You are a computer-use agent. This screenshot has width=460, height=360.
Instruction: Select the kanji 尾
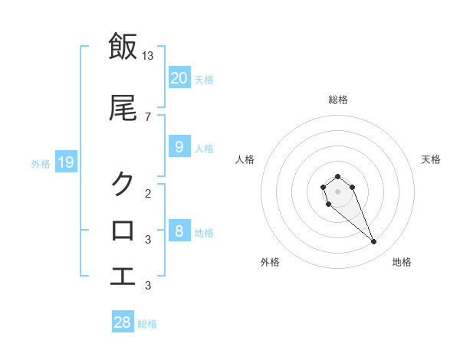tap(123, 109)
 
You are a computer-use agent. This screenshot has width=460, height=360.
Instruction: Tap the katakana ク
tap(123, 183)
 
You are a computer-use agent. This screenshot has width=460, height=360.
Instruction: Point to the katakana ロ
tap(123, 230)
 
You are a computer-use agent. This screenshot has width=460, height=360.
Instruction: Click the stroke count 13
tap(148, 55)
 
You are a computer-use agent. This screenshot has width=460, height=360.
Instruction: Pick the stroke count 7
tap(148, 116)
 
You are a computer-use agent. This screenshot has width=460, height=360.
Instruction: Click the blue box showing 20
tap(179, 77)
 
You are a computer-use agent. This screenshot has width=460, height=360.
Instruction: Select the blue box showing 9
tap(179, 146)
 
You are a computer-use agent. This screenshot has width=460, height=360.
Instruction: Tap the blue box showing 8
tap(179, 231)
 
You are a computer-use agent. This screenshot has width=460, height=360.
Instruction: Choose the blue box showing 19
tap(65, 162)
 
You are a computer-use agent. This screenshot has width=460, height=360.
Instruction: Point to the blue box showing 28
tap(123, 322)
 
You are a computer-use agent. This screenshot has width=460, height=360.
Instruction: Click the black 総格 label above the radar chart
tap(337, 100)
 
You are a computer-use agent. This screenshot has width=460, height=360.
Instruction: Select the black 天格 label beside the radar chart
tap(431, 159)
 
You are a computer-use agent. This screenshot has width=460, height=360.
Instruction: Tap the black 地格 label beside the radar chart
tap(402, 262)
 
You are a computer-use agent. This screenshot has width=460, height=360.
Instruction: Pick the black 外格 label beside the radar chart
tap(270, 262)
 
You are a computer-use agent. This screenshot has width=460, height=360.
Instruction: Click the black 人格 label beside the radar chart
tap(245, 159)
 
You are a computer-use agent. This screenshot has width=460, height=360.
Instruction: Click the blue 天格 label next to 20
tap(204, 79)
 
